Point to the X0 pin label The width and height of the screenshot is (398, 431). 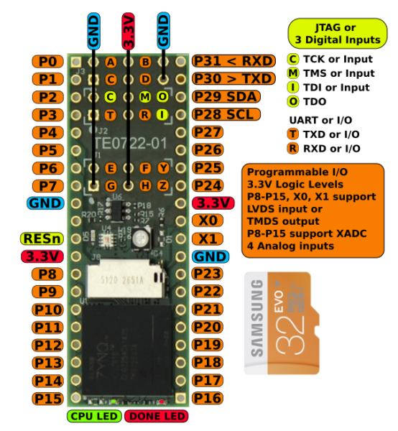point(208,221)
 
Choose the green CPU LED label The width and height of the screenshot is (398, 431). point(94,416)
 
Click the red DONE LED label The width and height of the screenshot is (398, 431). point(156,416)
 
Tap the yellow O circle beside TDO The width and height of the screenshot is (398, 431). point(293,101)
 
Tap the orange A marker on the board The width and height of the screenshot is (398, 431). point(110,62)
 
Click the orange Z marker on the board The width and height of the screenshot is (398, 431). point(164,185)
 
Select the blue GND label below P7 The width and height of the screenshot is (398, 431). point(45,203)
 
